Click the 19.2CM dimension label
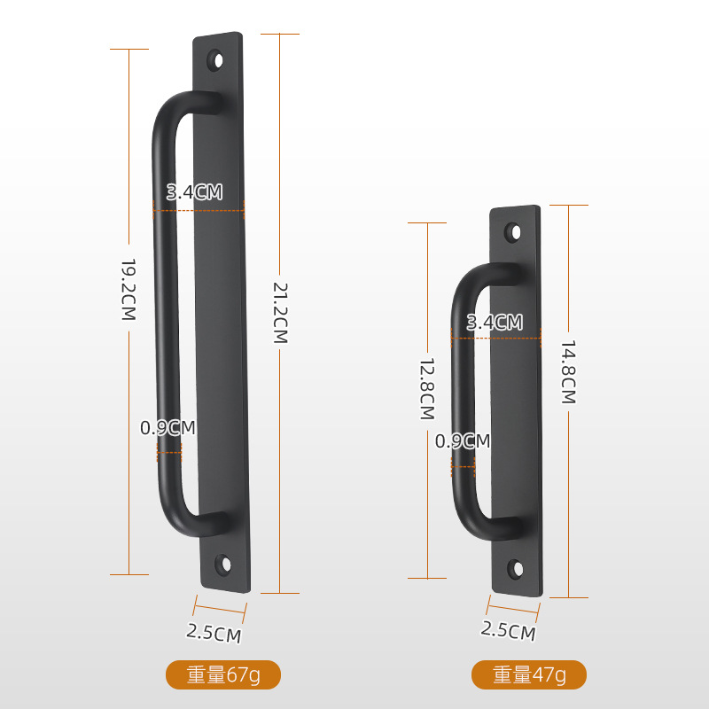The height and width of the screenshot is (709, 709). coord(128,290)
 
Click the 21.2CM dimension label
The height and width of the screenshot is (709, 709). coord(279,313)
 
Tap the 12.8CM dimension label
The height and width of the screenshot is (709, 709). coord(427,388)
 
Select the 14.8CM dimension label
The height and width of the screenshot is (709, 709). coord(568,372)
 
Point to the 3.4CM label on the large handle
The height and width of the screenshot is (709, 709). coord(194,191)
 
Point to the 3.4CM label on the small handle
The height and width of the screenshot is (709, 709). coord(495,323)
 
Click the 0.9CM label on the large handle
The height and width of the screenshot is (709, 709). coord(168,428)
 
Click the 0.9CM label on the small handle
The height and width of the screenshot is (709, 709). coord(463,440)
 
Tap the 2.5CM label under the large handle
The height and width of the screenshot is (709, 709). coord(214,633)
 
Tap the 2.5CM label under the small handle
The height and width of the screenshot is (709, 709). coord(508,631)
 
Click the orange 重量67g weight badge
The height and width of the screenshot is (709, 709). coord(223,675)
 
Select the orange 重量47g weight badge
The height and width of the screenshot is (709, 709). coord(529,675)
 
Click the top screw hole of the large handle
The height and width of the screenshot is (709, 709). coord(215,61)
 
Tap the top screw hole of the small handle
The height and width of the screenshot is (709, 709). coord(513,232)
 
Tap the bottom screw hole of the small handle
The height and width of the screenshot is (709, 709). coord(516,567)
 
